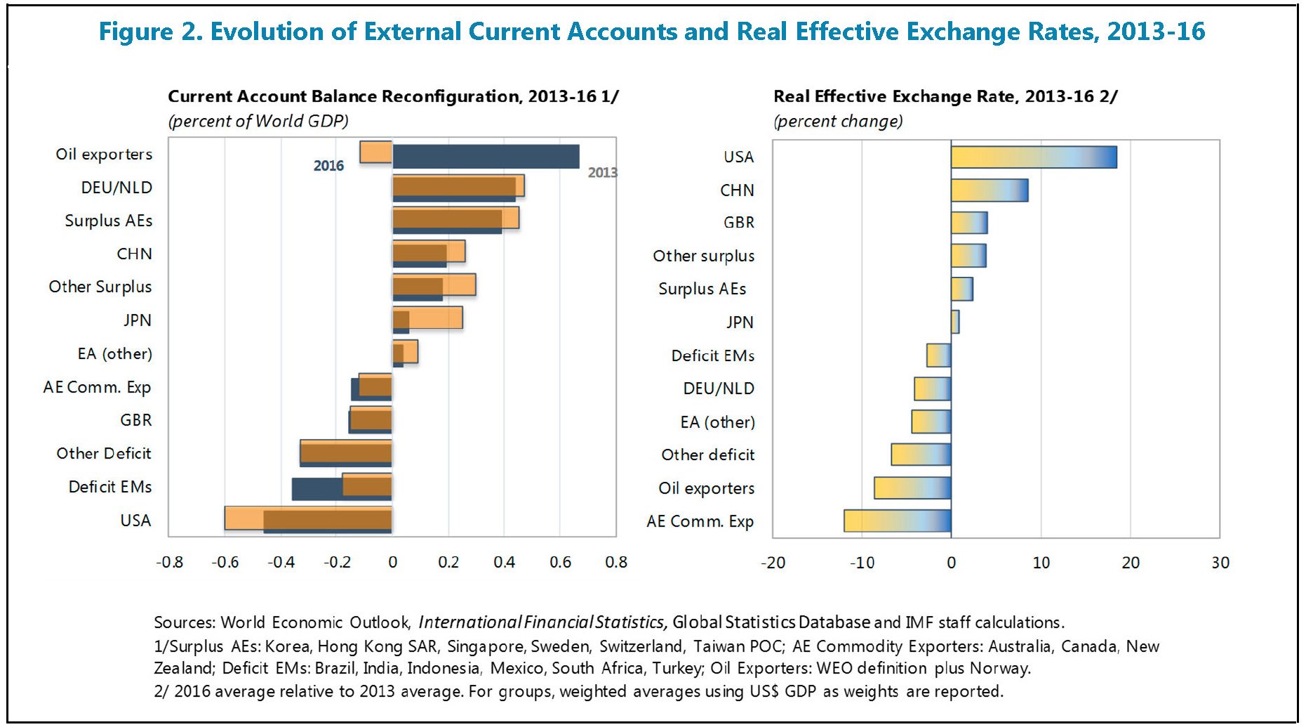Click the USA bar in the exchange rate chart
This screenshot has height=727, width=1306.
[1033, 157]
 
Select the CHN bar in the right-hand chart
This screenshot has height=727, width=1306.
[989, 190]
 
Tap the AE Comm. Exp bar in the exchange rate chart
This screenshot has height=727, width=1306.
[897, 521]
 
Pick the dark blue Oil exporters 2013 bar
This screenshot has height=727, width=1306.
[486, 157]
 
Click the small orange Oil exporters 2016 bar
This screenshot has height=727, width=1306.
[375, 152]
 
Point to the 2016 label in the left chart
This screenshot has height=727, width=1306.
[328, 166]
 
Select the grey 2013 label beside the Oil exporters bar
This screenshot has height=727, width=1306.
[602, 173]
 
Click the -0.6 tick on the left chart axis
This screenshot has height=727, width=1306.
[225, 563]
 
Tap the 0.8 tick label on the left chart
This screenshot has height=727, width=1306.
[615, 563]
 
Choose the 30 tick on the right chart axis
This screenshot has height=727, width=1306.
[1220, 563]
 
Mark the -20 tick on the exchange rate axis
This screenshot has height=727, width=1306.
[773, 563]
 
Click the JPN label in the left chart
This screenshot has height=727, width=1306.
[138, 320]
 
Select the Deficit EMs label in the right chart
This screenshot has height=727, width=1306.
[712, 356]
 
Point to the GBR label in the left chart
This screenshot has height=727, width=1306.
[135, 420]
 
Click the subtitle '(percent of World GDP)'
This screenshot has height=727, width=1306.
[258, 121]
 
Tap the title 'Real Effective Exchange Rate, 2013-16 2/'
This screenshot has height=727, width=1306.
[945, 96]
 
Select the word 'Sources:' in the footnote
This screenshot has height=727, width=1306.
[185, 622]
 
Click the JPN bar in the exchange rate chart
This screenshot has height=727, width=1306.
[955, 322]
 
